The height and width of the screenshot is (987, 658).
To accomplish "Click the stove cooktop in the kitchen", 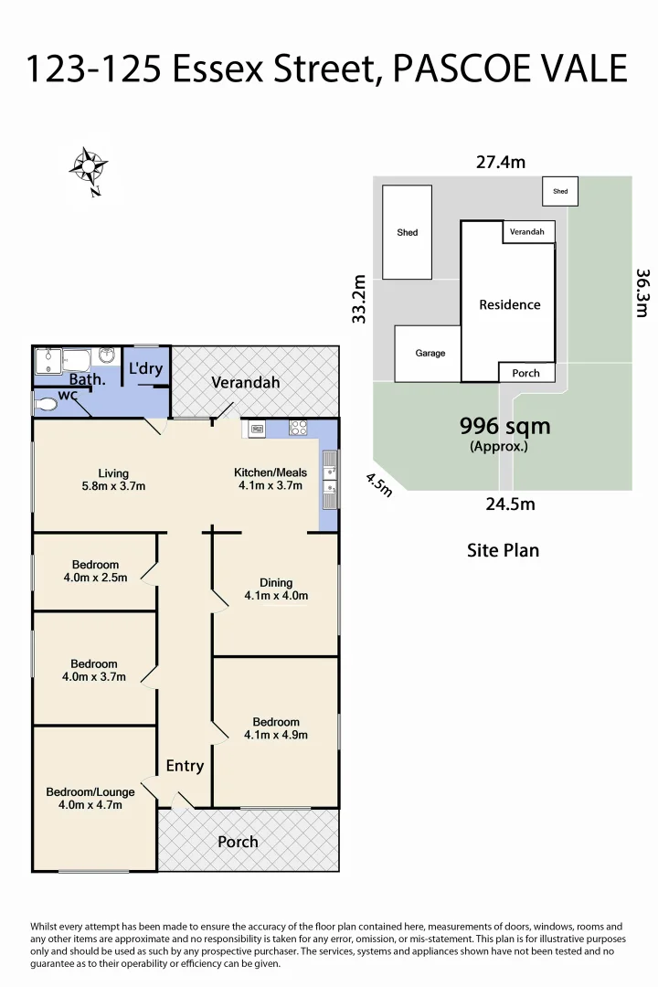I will point(298,427).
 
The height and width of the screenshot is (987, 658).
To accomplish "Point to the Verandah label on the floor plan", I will point(245,383).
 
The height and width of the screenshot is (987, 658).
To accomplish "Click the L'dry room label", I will point(145,369).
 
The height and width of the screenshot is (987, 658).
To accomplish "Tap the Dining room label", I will point(276,582).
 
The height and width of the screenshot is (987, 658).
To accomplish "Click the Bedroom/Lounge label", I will point(90,791).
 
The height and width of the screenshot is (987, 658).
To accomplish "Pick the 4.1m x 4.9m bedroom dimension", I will point(276,735).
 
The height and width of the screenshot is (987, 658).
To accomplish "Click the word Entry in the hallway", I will point(185,766).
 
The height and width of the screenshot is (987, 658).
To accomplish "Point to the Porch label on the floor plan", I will point(238,842).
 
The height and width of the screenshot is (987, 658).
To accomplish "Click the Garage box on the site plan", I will point(430,353).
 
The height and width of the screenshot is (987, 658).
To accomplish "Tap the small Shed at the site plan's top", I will point(560,191).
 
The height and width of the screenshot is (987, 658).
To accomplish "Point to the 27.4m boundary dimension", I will point(500,163).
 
